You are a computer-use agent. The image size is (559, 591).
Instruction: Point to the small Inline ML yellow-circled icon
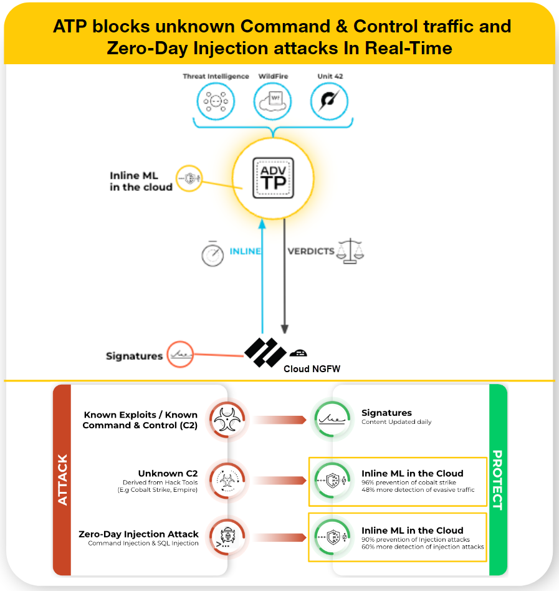189,178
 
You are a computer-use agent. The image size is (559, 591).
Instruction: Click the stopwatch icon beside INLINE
213,253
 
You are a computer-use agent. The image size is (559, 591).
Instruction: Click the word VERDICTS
310,251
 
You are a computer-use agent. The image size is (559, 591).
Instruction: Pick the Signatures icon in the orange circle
181,355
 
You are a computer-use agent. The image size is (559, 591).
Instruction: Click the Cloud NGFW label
312,369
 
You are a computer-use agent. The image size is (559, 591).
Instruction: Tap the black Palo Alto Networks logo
265,352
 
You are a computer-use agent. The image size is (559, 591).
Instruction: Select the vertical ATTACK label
62,479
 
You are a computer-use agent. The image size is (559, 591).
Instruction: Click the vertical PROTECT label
497,479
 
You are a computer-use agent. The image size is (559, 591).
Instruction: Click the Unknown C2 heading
168,474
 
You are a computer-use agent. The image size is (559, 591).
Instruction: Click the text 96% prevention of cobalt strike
409,483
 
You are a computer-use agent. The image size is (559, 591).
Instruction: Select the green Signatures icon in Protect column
329,420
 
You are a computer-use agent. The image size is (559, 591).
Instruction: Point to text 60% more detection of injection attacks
423,547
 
